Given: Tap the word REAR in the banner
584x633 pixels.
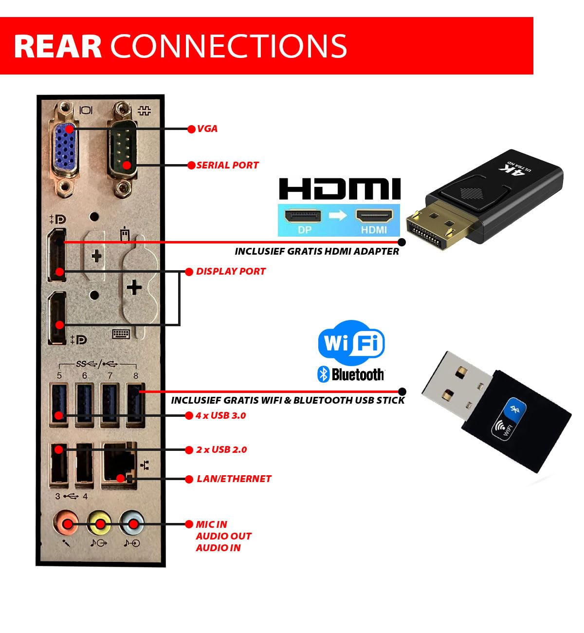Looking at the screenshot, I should pos(57,46).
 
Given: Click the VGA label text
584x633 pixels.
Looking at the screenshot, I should pos(207,129).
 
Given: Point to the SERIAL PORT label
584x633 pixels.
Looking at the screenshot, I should pos(227,166).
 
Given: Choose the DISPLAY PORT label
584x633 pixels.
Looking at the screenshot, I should pos(231,272).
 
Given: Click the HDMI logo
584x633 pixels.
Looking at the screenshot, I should pos(340,189).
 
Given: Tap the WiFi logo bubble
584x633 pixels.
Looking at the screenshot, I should pos(351,343).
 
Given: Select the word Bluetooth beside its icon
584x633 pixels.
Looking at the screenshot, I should pos(358,374).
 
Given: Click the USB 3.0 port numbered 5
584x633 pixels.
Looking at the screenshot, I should pos(59,405).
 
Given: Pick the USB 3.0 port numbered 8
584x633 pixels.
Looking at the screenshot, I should pos(135,405).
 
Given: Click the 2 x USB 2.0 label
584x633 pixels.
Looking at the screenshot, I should pos(221,450).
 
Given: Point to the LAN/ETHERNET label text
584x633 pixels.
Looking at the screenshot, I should pos(234,479).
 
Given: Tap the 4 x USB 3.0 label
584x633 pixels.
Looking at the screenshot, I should pos(220,416).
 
